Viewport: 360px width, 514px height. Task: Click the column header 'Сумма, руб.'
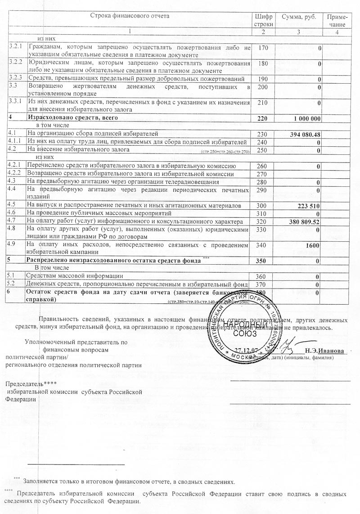pos(299,17)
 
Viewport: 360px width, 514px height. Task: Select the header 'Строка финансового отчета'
pos(130,16)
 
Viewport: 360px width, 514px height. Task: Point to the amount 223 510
pos(308,206)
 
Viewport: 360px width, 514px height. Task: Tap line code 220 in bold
pos(261,118)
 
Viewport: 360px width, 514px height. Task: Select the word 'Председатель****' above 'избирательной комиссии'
pos(24,384)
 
